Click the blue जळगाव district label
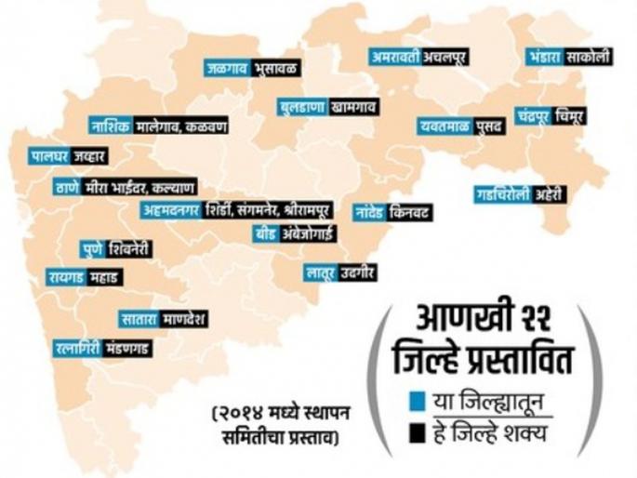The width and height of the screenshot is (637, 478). click(x=227, y=68)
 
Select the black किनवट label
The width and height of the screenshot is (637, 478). click(x=410, y=212)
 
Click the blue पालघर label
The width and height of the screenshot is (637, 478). click(x=53, y=154)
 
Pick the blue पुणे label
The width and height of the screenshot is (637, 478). click(x=98, y=248)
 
